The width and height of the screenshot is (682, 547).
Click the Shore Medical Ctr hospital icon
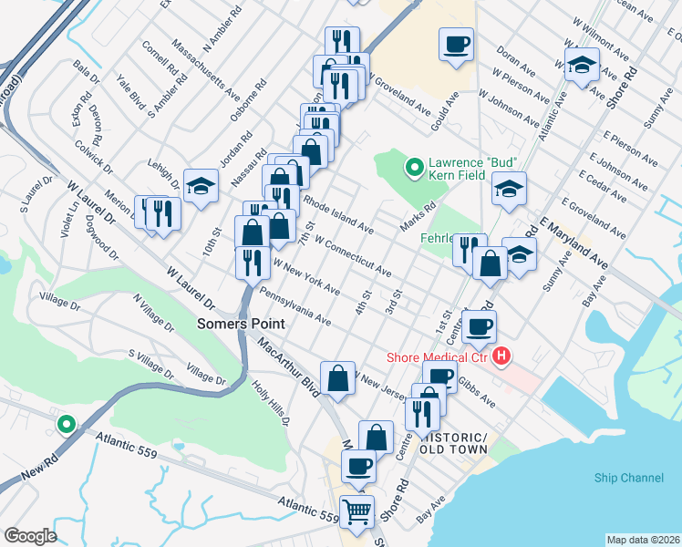click(501, 356)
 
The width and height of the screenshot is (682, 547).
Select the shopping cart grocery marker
click(356, 511)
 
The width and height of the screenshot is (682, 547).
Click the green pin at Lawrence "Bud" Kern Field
click(413, 167)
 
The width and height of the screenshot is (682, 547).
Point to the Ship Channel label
click(628, 478)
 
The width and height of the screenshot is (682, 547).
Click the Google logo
click(30, 536)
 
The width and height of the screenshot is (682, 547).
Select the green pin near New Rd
click(66, 424)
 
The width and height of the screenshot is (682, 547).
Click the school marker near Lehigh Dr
click(201, 187)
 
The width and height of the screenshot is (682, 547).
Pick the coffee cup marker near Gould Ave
click(456, 43)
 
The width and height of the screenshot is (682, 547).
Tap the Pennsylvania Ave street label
click(294, 306)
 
